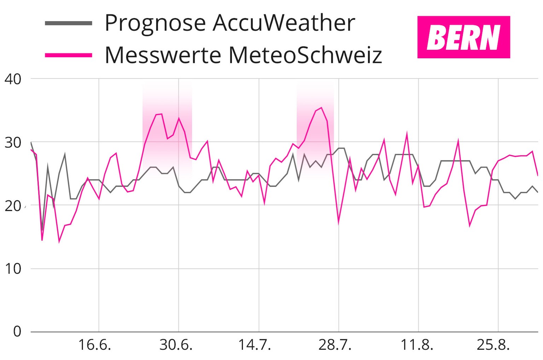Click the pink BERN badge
pos(463,37)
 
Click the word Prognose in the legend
pos(155,23)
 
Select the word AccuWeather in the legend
pos(284,23)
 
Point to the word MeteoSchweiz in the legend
pos(305,55)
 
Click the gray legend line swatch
pos(69,23)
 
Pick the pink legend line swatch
pos(69,55)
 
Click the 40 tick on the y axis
pos(13,79)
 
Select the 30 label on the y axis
pos(13,143)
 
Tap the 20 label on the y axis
pos(13,206)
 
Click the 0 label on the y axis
pos(17,332)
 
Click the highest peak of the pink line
pos(321,108)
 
